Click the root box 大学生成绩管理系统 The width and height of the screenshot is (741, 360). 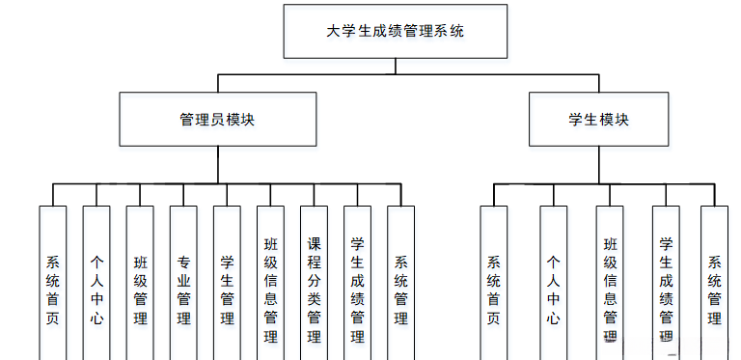(396, 30)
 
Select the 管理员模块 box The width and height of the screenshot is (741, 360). (217, 120)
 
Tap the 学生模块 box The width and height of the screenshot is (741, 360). (598, 120)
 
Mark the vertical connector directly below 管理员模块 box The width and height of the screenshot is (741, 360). (217, 164)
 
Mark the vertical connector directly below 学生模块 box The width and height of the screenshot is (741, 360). (598, 164)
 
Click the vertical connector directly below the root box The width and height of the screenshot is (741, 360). (396, 65)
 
